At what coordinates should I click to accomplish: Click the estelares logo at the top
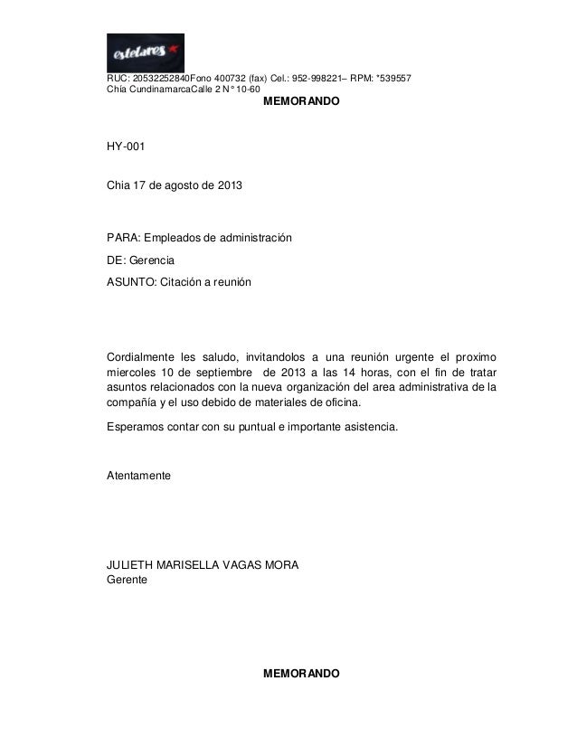tap(145, 52)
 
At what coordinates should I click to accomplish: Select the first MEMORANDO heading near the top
tap(300, 105)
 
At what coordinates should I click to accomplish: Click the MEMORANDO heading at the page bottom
tap(300, 675)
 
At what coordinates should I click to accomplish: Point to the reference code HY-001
tap(125, 146)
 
